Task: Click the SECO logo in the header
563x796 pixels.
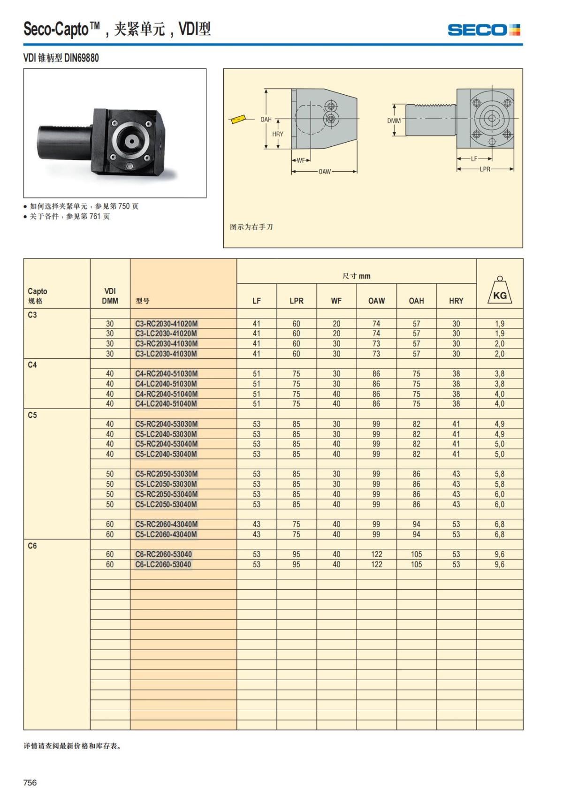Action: [484, 30]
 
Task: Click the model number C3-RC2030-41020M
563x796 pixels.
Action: [166, 324]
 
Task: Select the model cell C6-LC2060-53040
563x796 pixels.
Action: [163, 564]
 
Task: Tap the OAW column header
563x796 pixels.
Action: [376, 301]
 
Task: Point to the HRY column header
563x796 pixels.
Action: [456, 301]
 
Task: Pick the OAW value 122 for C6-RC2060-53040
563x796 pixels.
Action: [376, 554]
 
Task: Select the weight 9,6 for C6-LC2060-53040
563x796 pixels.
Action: [500, 564]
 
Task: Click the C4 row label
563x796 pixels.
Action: [32, 365]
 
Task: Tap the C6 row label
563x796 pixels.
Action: [32, 546]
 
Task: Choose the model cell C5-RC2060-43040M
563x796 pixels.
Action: [166, 524]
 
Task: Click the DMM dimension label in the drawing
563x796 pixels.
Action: [394, 121]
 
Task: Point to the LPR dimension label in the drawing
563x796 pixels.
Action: [485, 169]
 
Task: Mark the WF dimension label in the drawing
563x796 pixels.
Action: [301, 160]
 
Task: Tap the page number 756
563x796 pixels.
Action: [30, 782]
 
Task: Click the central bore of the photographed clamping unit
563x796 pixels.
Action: [129, 140]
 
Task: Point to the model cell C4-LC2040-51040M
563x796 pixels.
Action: [166, 404]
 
